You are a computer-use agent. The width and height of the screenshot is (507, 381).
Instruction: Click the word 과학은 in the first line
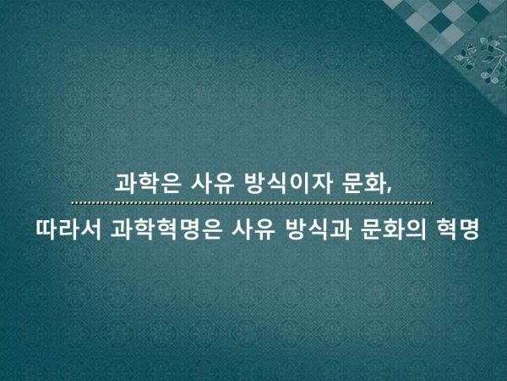pyautogui.click(x=147, y=184)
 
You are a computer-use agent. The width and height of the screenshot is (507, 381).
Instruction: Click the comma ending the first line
pyautogui.click(x=388, y=191)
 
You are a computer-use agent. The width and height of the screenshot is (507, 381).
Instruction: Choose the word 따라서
pyautogui.click(x=68, y=229)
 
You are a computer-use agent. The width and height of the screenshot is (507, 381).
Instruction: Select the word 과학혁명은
pyautogui.click(x=166, y=229)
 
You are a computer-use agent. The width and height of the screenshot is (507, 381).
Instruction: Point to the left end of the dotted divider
pyautogui.click(x=72, y=203)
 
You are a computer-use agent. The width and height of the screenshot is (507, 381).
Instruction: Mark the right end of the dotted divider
pyautogui.click(x=432, y=203)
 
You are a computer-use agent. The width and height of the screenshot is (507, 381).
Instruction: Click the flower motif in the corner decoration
pyautogui.click(x=485, y=58)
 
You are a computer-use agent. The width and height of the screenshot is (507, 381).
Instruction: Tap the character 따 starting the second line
pyautogui.click(x=46, y=229)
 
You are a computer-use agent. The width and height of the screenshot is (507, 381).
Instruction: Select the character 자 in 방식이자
pyautogui.click(x=322, y=184)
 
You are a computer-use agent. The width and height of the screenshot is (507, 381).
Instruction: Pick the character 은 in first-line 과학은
pyautogui.click(x=169, y=184)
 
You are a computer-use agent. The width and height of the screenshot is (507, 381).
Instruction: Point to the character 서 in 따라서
pyautogui.click(x=90, y=229)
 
